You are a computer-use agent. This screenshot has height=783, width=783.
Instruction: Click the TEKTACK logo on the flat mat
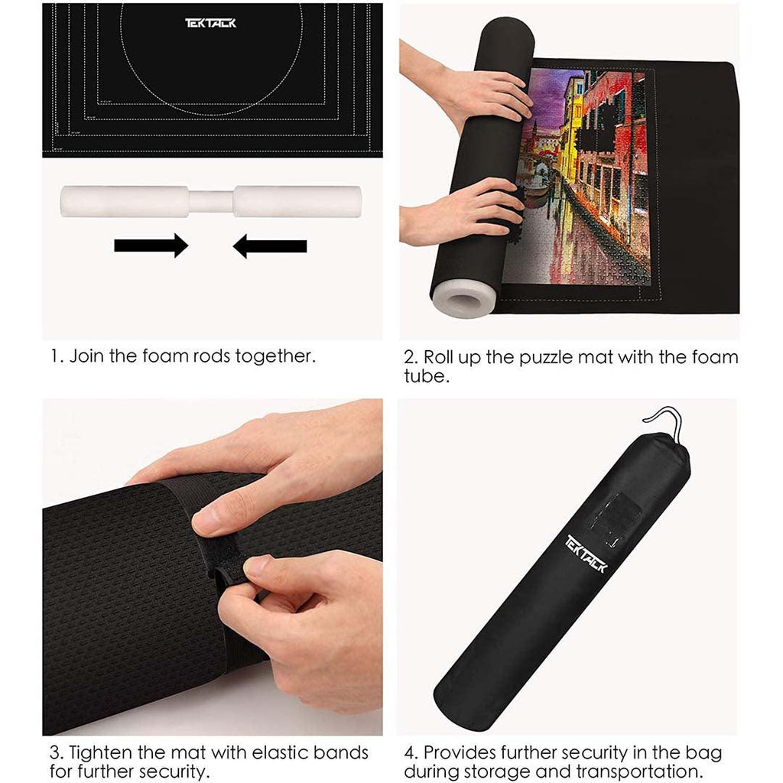(210, 23)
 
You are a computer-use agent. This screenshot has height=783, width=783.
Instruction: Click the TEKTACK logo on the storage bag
(586, 554)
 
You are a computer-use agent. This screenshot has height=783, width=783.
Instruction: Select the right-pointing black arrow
(151, 245)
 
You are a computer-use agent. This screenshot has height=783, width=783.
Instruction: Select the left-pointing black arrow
(270, 246)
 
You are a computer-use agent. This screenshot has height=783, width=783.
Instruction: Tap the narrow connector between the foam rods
(211, 202)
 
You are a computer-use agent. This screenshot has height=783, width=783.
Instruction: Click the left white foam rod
(125, 201)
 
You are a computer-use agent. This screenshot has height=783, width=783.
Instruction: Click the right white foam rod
(297, 201)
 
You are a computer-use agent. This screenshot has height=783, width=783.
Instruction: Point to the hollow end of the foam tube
(464, 301)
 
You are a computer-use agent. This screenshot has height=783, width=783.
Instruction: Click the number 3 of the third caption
(54, 752)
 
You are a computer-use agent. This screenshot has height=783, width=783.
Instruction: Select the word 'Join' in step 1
(87, 356)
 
